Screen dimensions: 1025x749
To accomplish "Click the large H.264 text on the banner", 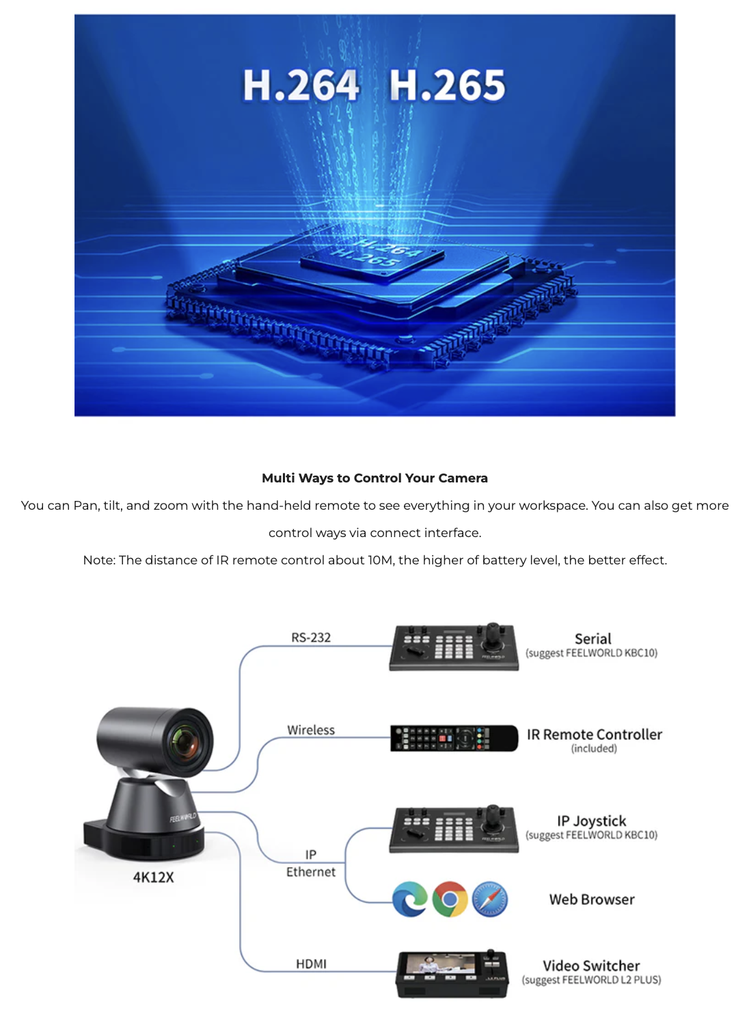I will pyautogui.click(x=301, y=85).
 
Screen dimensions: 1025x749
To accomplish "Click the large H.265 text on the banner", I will pyautogui.click(x=447, y=85).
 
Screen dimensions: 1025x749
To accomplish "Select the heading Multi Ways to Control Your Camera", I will pyautogui.click(x=374, y=478).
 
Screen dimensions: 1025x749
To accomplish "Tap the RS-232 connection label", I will pyautogui.click(x=311, y=638).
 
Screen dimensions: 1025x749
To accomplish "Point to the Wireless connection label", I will pyautogui.click(x=311, y=730).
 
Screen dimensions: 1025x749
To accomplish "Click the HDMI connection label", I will pyautogui.click(x=311, y=963).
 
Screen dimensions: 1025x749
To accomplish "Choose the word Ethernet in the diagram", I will pyautogui.click(x=311, y=872).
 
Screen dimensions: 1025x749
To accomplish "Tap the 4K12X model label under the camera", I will pyautogui.click(x=153, y=877).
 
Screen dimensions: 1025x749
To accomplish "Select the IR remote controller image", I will pyautogui.click(x=454, y=738).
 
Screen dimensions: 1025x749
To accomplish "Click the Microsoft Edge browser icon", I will pyautogui.click(x=410, y=899).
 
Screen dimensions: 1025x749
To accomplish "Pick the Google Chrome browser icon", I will pyautogui.click(x=450, y=899).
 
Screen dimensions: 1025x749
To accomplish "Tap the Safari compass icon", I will pyautogui.click(x=490, y=899).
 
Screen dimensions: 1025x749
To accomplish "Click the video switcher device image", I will pyautogui.click(x=452, y=974).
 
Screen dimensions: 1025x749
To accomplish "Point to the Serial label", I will pyautogui.click(x=593, y=639).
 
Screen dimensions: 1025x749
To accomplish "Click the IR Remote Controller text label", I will pyautogui.click(x=594, y=735).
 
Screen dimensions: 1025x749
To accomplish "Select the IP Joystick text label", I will pyautogui.click(x=591, y=821).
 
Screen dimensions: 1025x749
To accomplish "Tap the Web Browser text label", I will pyautogui.click(x=592, y=899).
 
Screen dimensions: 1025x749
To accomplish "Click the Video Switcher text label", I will pyautogui.click(x=591, y=966).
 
